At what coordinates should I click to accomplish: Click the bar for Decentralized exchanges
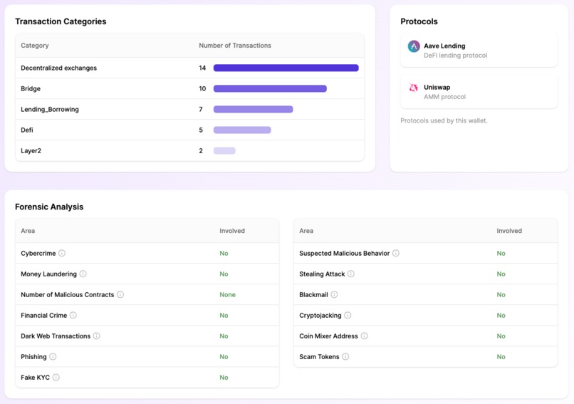click(x=286, y=68)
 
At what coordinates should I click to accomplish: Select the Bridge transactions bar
click(x=270, y=89)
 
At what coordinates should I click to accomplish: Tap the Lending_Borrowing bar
click(x=253, y=110)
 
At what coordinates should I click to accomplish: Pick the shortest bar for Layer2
click(x=224, y=151)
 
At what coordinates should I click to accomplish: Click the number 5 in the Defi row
click(x=201, y=130)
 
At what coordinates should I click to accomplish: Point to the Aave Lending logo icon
click(x=414, y=46)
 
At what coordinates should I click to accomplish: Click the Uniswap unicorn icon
click(x=414, y=88)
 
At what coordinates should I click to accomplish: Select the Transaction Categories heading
click(x=61, y=21)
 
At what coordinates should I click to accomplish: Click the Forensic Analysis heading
click(x=49, y=207)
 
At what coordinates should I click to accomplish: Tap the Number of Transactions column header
click(x=235, y=46)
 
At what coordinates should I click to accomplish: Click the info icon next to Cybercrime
click(x=62, y=253)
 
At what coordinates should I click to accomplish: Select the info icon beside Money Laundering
click(x=83, y=274)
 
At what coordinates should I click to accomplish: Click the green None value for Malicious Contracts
click(x=227, y=294)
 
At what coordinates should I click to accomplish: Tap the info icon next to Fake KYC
click(x=56, y=378)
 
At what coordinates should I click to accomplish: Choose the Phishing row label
click(x=33, y=357)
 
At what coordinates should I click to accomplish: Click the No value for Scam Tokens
click(x=501, y=357)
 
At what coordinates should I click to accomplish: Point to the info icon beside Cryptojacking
click(x=348, y=315)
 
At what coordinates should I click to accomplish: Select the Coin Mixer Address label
click(x=328, y=336)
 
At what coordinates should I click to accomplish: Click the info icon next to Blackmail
click(x=334, y=294)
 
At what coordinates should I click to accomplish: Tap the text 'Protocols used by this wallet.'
click(x=444, y=120)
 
